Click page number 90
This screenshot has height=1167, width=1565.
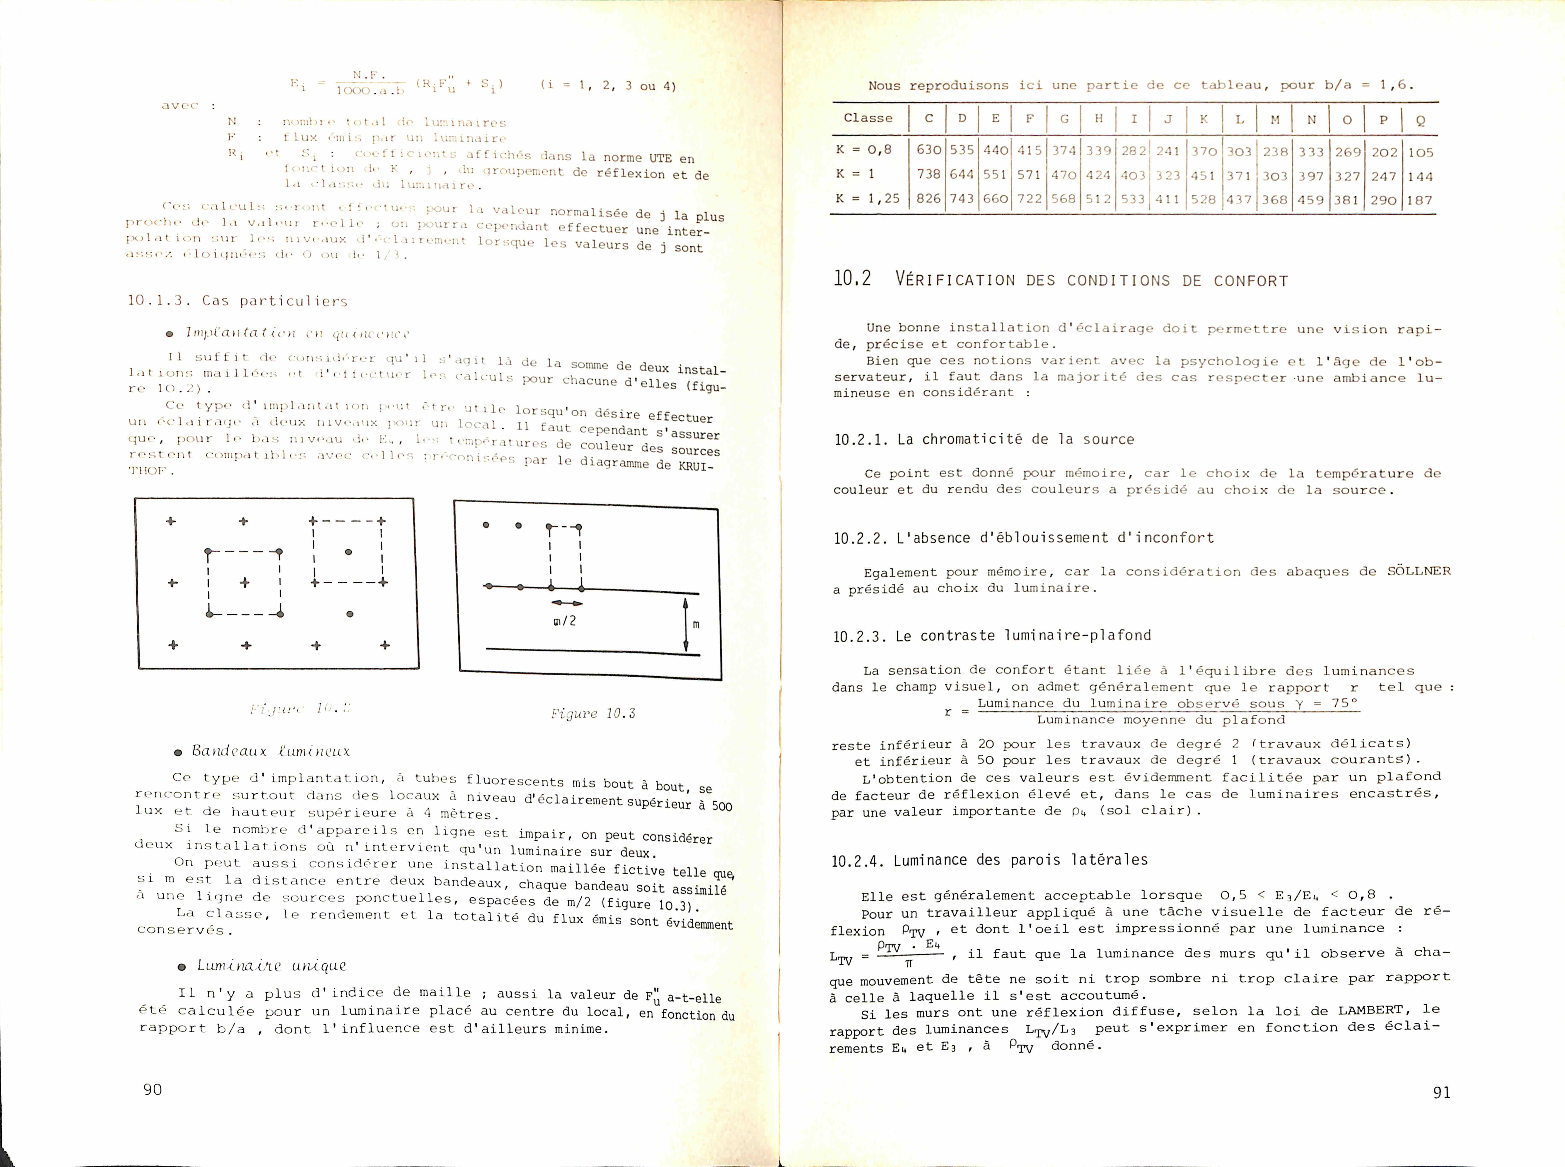[x=153, y=1089]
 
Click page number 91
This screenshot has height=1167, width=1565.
[x=1441, y=1092]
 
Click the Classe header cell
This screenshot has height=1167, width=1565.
[x=868, y=118]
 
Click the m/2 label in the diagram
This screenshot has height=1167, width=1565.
[x=565, y=621]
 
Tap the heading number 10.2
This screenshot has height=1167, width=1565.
[x=852, y=279]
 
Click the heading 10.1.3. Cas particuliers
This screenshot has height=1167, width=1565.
[x=237, y=301]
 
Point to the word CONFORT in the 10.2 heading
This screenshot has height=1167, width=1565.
[x=1251, y=281]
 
